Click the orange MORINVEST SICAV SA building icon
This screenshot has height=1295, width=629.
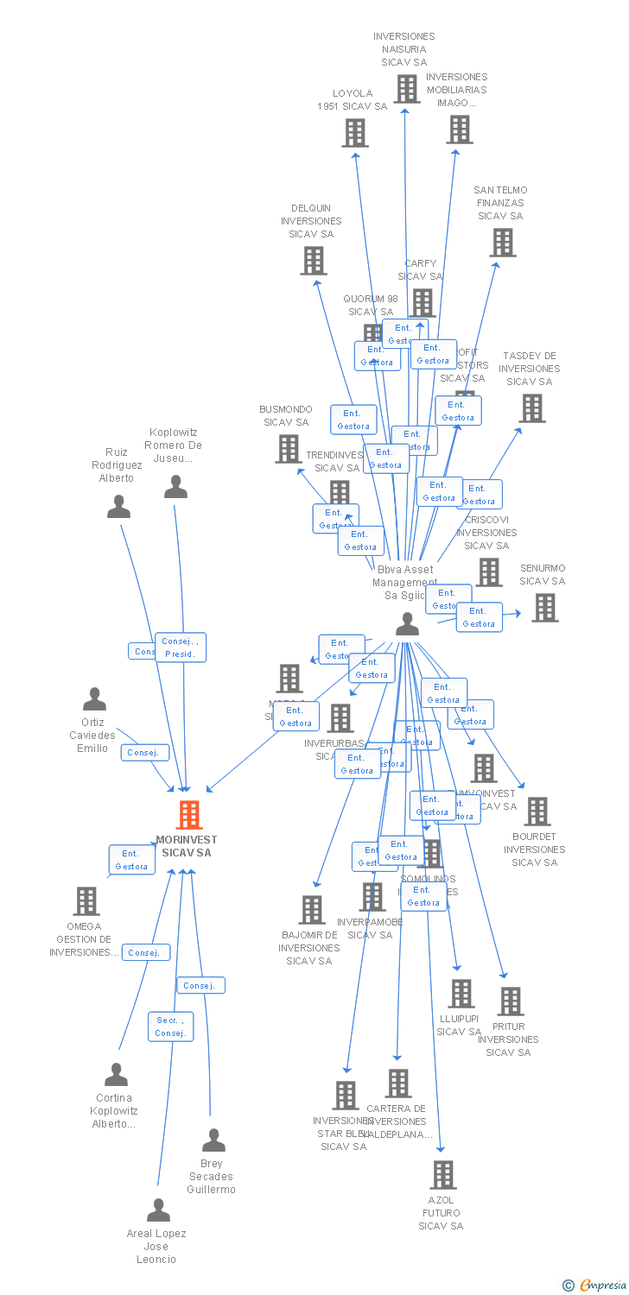[x=188, y=814]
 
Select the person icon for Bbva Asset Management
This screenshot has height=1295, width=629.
[x=407, y=624]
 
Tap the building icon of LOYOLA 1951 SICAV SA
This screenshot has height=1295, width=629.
[x=354, y=133]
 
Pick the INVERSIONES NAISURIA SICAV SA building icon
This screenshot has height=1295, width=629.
[x=406, y=88]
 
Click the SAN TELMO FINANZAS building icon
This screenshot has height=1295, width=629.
[x=502, y=243]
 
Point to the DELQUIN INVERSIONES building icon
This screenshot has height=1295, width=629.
[x=313, y=260]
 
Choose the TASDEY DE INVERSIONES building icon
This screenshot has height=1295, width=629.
[x=531, y=407]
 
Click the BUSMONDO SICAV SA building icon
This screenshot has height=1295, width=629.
[x=288, y=448]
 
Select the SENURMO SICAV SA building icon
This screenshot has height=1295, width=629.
[x=544, y=608]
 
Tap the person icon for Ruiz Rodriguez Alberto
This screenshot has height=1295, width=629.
[x=118, y=506]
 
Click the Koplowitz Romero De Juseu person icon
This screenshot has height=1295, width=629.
[x=175, y=487]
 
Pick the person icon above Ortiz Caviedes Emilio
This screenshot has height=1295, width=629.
[x=94, y=698]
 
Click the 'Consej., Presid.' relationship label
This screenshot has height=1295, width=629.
[x=181, y=647]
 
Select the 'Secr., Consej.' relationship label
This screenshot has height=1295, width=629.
[x=170, y=1027]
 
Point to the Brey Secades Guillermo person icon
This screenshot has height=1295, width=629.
[x=213, y=1140]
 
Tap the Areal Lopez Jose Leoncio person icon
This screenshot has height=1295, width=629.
[x=158, y=1210]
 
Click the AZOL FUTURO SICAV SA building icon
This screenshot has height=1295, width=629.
[x=442, y=1174]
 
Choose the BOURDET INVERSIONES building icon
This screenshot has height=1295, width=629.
[x=537, y=812]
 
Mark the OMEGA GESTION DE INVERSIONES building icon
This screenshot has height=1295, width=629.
[x=86, y=901]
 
